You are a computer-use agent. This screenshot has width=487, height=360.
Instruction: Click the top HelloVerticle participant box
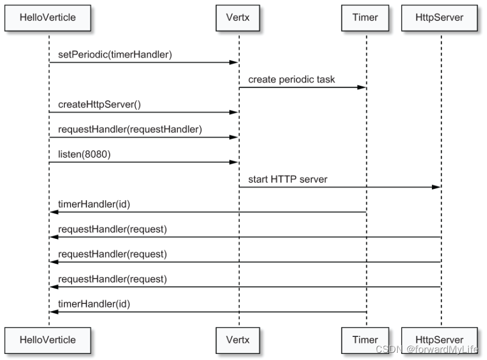click(48, 17)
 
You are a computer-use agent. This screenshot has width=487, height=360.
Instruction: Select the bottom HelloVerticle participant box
click(48, 340)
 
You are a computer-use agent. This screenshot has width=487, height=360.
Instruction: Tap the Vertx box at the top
click(238, 17)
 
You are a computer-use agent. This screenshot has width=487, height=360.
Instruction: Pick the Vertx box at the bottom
click(238, 340)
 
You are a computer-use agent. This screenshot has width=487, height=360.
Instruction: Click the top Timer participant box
click(365, 17)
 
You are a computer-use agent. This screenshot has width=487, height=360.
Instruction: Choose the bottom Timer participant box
click(365, 340)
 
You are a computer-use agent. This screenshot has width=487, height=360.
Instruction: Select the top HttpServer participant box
click(440, 17)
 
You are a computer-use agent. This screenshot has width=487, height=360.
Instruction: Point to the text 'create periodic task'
click(291, 79)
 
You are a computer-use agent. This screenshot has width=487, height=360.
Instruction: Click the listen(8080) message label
click(84, 154)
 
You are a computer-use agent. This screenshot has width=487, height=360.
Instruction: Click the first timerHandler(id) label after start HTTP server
click(94, 204)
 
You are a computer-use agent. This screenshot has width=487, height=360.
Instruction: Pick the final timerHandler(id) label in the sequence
click(94, 304)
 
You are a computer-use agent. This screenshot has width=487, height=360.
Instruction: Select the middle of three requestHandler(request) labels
click(112, 254)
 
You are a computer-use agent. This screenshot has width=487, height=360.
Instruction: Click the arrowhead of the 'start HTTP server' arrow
click(436, 187)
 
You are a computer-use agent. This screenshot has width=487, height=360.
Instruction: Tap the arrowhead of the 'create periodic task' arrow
click(362, 88)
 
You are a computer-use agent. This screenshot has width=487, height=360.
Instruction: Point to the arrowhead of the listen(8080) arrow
click(234, 162)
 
